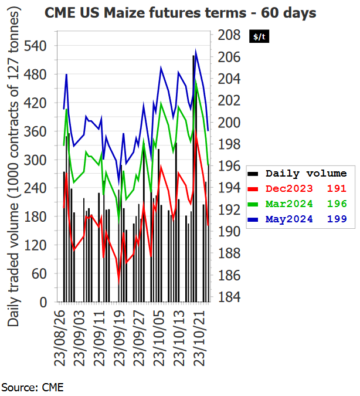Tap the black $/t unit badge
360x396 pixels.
(259, 36)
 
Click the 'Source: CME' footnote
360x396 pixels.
(32, 387)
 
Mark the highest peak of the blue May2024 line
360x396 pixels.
(195, 50)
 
